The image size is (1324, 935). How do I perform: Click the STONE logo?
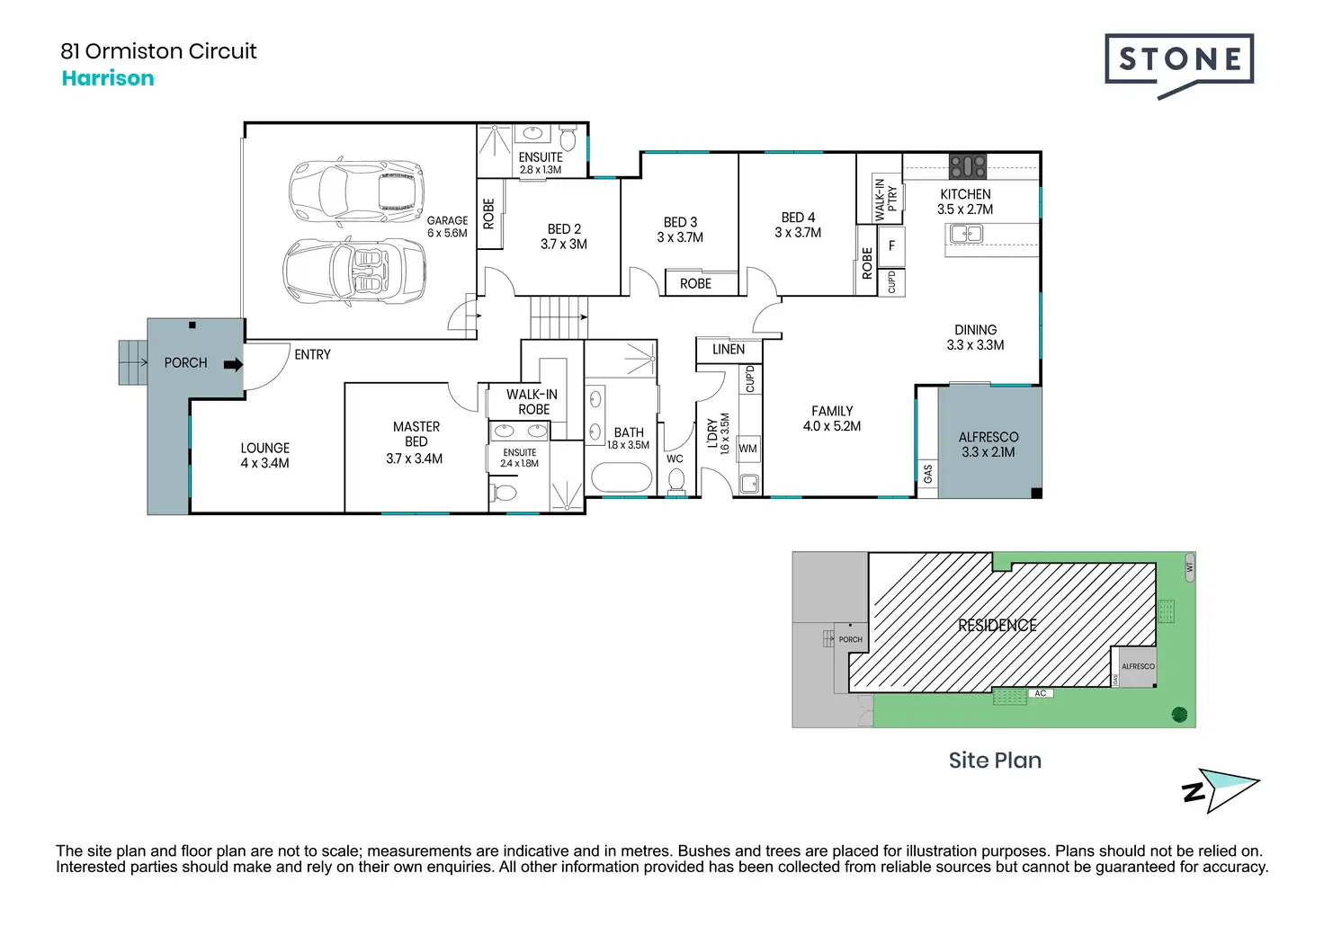click(1179, 66)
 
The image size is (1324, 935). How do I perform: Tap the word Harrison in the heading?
click(108, 78)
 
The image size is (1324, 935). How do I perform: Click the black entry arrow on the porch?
click(234, 364)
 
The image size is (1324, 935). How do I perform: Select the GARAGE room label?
click(447, 220)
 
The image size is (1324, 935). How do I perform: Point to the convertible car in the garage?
click(354, 272)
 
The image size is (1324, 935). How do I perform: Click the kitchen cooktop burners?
click(968, 166)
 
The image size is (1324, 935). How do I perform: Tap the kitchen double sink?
click(966, 234)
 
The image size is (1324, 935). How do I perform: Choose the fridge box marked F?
click(891, 245)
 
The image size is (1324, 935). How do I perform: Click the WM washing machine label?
click(747, 449)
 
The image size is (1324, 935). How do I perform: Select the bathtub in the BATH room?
click(622, 477)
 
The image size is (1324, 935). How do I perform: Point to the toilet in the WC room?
click(676, 481)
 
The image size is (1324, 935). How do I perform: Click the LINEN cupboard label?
click(729, 350)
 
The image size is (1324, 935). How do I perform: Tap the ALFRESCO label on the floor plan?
click(989, 437)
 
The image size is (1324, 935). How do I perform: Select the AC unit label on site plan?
click(1041, 693)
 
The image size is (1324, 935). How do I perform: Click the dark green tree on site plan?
click(1179, 715)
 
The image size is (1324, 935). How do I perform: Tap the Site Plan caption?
click(996, 761)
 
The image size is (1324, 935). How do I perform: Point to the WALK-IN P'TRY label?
click(885, 200)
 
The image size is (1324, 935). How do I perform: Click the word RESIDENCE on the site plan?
click(997, 626)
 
